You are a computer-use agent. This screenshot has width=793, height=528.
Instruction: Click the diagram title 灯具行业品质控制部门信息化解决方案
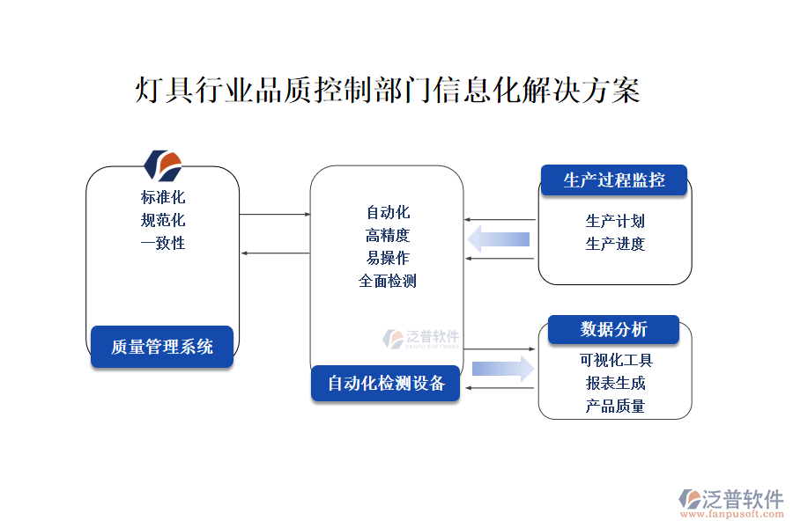(x=388, y=91)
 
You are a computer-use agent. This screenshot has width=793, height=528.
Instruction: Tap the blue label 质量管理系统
(x=162, y=347)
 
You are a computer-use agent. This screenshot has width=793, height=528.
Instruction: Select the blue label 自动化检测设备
(x=386, y=384)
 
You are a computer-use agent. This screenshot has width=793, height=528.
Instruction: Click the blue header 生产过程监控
(x=614, y=180)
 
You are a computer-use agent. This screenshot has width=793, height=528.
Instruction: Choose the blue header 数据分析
(x=614, y=330)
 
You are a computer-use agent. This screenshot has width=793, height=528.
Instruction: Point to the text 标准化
(x=163, y=197)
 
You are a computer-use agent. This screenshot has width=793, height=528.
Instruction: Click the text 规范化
(x=163, y=220)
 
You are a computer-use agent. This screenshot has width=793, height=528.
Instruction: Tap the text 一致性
(x=163, y=243)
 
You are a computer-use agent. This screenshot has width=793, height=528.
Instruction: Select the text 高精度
(x=388, y=235)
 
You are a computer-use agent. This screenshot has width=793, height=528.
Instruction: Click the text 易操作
(x=388, y=258)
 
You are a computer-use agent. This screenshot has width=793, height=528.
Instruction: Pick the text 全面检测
(x=388, y=281)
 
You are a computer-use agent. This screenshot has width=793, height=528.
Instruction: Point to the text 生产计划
(x=615, y=221)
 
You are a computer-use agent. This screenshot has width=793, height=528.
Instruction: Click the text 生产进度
(x=615, y=244)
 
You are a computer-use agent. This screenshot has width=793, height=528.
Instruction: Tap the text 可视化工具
(x=615, y=360)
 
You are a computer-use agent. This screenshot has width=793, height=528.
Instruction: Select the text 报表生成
(x=615, y=383)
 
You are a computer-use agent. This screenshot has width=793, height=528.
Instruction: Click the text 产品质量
(x=615, y=406)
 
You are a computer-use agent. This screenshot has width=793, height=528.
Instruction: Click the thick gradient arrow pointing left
(x=499, y=238)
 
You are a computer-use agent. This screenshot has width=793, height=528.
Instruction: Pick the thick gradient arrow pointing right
(x=503, y=368)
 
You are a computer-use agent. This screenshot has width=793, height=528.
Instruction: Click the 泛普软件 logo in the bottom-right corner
(x=730, y=502)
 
